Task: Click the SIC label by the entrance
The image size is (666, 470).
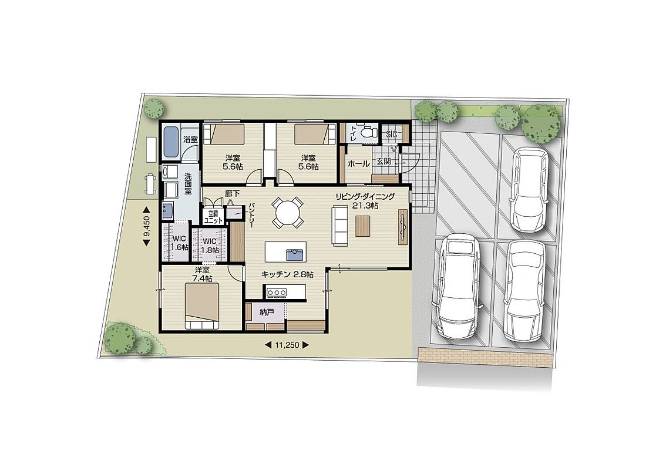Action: [x=391, y=134]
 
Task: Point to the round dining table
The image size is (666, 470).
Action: [x=287, y=211]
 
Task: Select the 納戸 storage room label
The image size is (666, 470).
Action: [x=266, y=313]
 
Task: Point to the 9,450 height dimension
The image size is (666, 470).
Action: [x=147, y=226]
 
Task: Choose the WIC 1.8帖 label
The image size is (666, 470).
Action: [x=210, y=246]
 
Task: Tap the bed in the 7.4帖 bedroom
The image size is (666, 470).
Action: [x=202, y=306]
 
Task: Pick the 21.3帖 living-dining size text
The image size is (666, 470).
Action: [x=365, y=206]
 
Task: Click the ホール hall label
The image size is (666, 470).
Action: [x=358, y=163]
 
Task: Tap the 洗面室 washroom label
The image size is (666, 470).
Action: [x=188, y=183]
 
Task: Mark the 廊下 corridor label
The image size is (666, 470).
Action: [x=233, y=193]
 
